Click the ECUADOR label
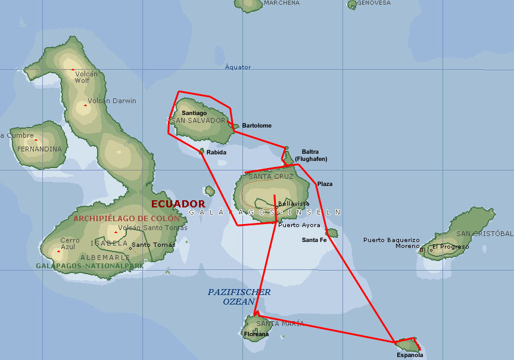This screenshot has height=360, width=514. click(178, 203)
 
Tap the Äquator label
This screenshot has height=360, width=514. click(238, 67)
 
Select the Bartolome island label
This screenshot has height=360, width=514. click(257, 125)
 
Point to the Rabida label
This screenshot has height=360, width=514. click(216, 152)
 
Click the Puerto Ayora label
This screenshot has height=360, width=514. click(299, 225)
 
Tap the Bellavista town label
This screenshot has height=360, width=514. click(294, 204)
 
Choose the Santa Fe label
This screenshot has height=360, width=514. click(314, 240)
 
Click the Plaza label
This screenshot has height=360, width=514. click(325, 184)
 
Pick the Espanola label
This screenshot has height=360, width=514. click(410, 355)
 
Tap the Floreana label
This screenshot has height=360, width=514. click(256, 334)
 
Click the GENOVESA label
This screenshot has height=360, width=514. click(374, 3)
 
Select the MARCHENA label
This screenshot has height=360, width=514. click(282, 3)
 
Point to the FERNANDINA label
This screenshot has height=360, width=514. click(39, 149)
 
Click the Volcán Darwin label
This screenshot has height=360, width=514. click(112, 101)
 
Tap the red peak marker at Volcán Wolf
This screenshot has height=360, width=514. click(73, 70)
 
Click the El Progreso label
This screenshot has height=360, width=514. click(451, 246)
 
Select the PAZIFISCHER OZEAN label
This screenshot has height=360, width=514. click(239, 297)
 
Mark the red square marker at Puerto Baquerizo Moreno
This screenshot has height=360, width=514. click(422, 250)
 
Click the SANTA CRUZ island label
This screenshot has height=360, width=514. click(271, 176)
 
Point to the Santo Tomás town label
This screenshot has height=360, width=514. click(154, 244)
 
